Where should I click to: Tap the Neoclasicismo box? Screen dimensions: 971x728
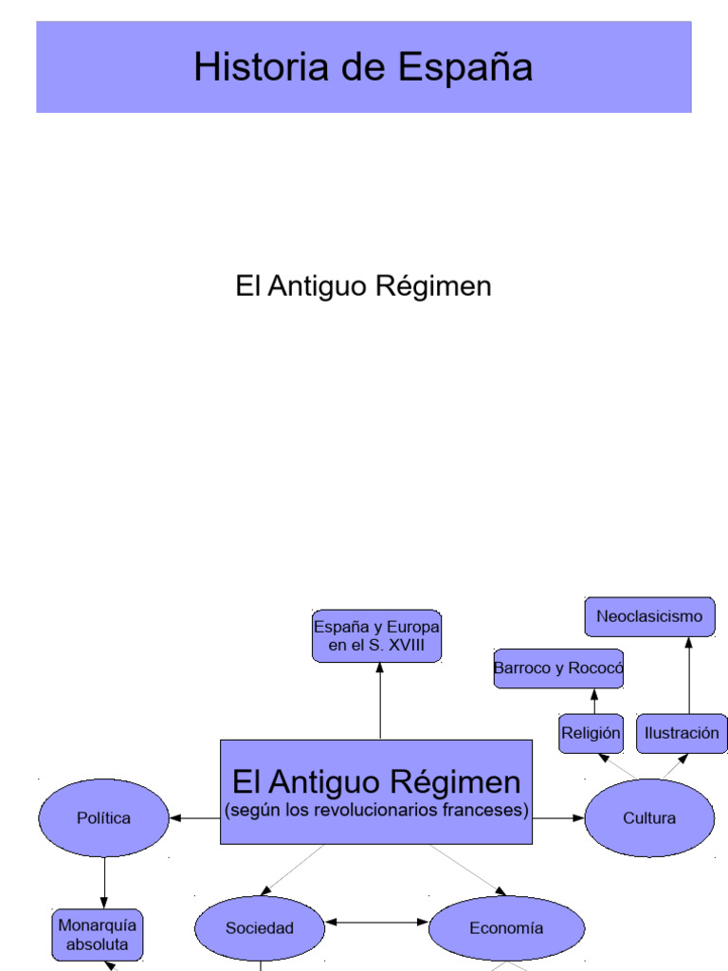(x=649, y=616)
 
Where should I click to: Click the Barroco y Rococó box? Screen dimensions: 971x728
(x=558, y=669)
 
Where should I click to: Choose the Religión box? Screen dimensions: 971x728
(x=591, y=733)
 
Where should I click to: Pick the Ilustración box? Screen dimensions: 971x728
(x=682, y=733)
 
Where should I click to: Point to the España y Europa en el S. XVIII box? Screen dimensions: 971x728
(x=376, y=635)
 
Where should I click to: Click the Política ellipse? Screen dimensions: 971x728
(x=103, y=817)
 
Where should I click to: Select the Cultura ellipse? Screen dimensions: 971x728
(x=649, y=817)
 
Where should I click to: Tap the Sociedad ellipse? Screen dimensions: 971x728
(x=259, y=928)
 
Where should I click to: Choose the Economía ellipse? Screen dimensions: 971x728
(x=506, y=928)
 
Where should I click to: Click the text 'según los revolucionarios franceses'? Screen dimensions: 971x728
(x=376, y=811)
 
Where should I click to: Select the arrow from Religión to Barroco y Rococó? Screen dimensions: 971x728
(x=594, y=702)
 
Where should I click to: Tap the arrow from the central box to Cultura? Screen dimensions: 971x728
(x=558, y=816)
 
